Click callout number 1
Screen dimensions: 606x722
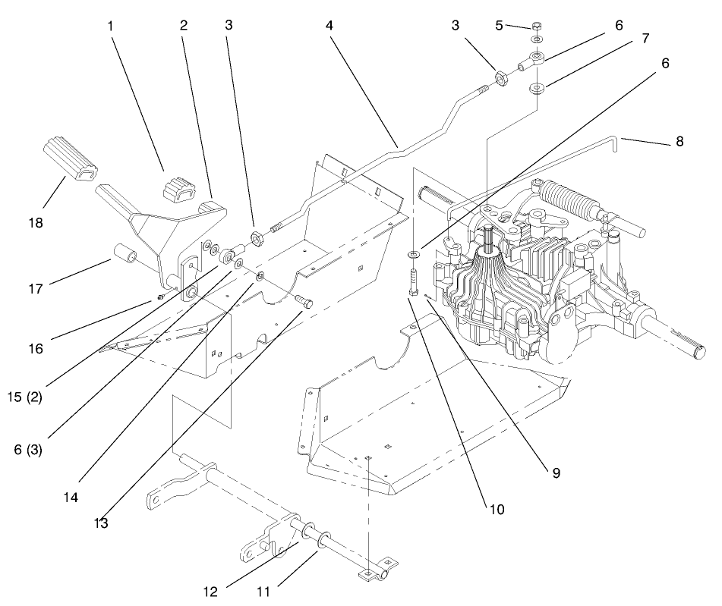tap(111, 25)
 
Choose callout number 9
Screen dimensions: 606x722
tap(556, 473)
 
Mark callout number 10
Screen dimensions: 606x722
tap(497, 509)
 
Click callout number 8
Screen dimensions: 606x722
tap(679, 141)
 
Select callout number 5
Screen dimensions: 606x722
tap(499, 25)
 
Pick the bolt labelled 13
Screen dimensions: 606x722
tap(305, 301)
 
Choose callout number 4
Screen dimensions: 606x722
tap(329, 25)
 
